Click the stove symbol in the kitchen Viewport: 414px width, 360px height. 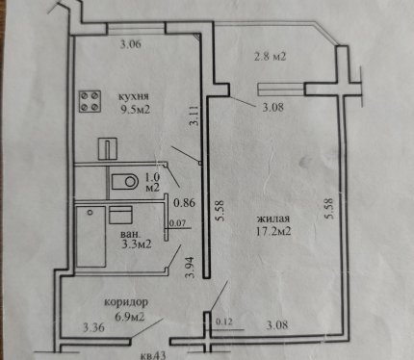tap(91, 101)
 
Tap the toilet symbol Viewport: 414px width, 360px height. tap(125, 182)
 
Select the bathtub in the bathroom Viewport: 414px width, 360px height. tap(91, 237)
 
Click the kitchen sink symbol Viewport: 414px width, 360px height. tap(108, 148)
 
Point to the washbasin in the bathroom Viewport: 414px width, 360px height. tap(120, 215)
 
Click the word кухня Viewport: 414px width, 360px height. tap(134, 96)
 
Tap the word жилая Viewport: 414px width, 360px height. tap(273, 219)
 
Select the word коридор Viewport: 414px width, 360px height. tap(126, 302)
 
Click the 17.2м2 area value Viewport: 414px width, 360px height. tap(273, 231)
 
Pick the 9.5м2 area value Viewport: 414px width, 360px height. tap(135, 110)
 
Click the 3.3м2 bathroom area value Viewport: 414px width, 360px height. tap(137, 244)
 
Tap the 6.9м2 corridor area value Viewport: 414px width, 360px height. tap(130, 317)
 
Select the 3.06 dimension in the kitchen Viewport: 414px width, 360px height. tap(131, 44)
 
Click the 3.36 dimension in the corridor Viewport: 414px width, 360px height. tap(93, 328)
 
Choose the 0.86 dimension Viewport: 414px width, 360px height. tap(184, 203)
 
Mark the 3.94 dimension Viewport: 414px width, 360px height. tap(191, 267)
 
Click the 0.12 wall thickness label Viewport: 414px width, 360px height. tap(223, 321)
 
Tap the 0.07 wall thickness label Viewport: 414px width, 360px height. tap(177, 223)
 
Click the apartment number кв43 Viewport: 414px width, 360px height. tap(153, 355)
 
